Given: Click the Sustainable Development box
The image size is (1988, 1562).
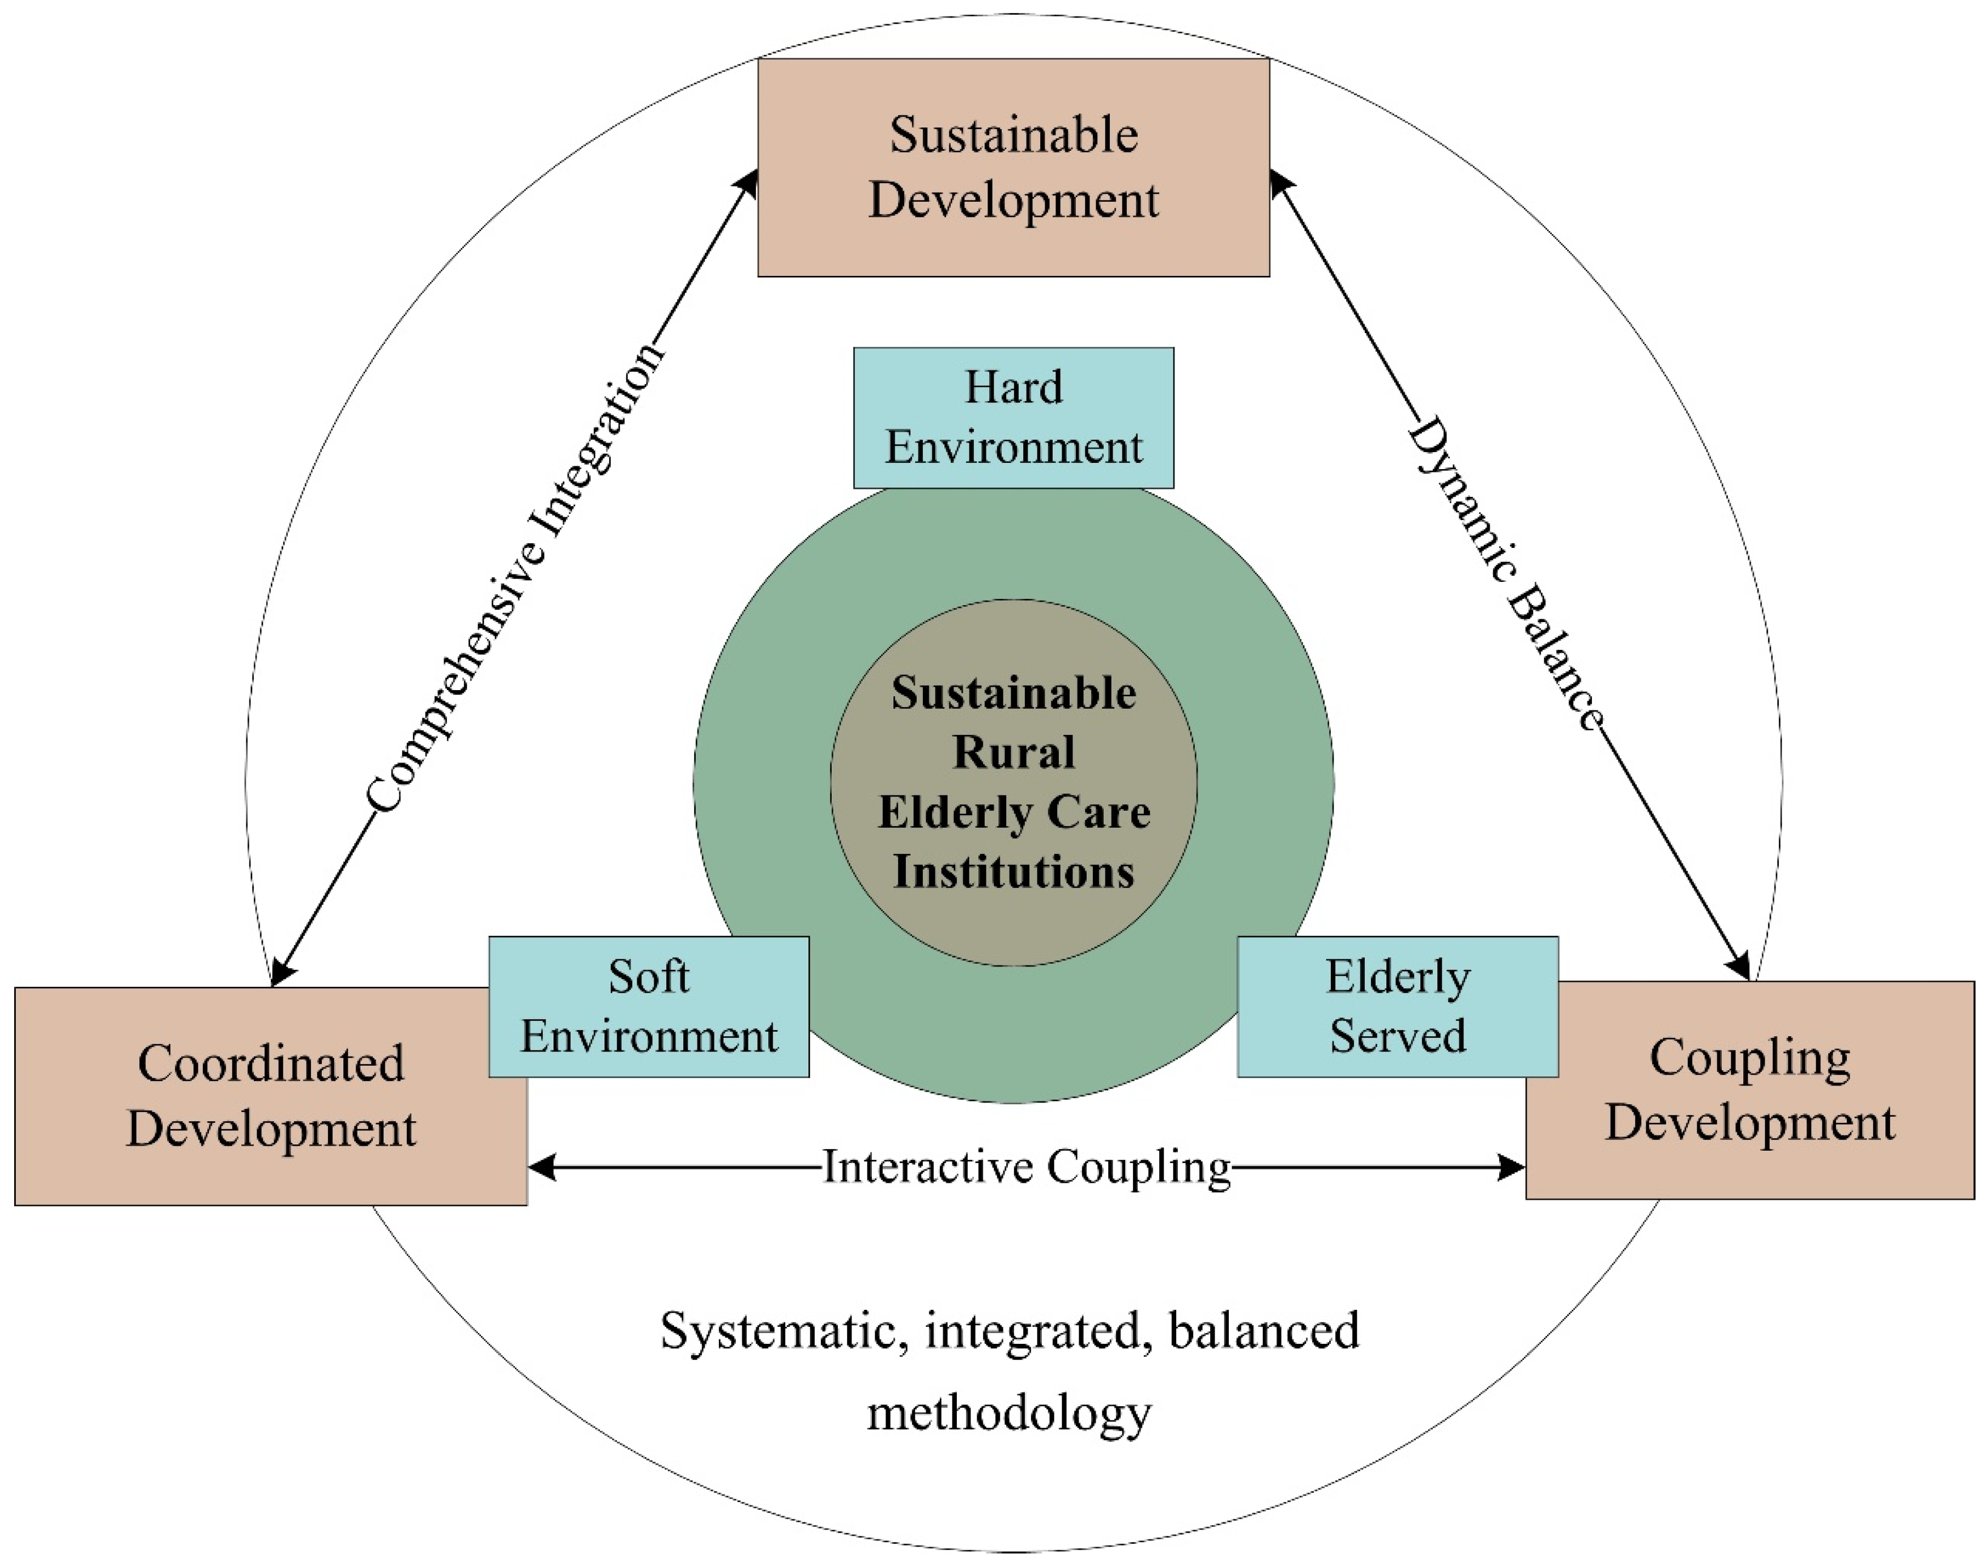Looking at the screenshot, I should [x=1013, y=167].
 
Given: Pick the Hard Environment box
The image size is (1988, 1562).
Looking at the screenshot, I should [x=1013, y=417].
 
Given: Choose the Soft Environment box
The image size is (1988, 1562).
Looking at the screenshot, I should [x=648, y=1006].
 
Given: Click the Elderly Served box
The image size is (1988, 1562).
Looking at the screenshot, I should [x=1397, y=1006].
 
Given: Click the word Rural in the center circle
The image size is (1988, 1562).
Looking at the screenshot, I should [x=1013, y=752].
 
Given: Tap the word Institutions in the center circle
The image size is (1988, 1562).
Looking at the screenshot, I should [x=1013, y=871].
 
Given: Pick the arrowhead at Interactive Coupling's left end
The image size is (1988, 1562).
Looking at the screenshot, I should [x=542, y=1167].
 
